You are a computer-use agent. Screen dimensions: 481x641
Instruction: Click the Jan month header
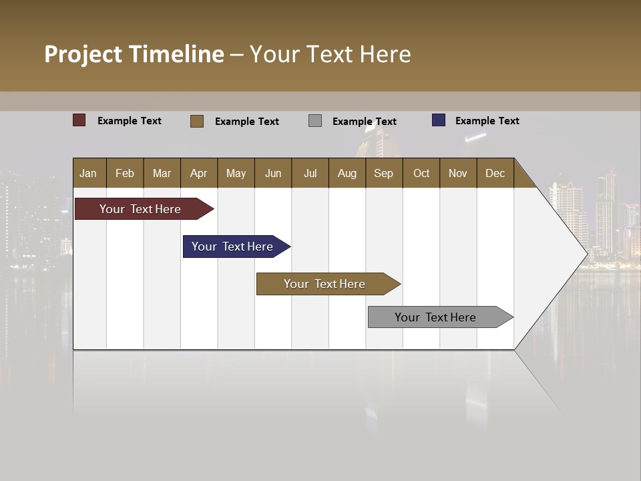[89, 173]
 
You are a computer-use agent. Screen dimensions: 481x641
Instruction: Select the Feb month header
[125, 173]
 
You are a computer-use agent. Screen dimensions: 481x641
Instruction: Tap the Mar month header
[162, 173]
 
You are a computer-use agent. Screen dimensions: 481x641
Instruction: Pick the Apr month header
[199, 173]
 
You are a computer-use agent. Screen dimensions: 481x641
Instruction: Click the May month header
[236, 173]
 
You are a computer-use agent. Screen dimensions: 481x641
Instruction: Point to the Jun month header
[273, 173]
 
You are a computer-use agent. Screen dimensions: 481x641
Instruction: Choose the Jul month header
[310, 173]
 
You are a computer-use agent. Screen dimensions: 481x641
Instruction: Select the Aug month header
[347, 173]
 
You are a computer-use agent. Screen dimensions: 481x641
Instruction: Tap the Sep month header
[384, 173]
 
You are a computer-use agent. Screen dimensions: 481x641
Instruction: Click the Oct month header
[421, 173]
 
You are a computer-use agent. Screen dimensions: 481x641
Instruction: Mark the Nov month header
[458, 173]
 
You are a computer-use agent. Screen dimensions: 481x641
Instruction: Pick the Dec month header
[495, 173]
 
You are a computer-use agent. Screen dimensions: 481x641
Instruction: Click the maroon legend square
[79, 120]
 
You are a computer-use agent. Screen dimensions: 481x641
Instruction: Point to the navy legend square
[438, 120]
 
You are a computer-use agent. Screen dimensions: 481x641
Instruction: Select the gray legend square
[315, 121]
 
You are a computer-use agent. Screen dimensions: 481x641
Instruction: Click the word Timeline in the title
[176, 54]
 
